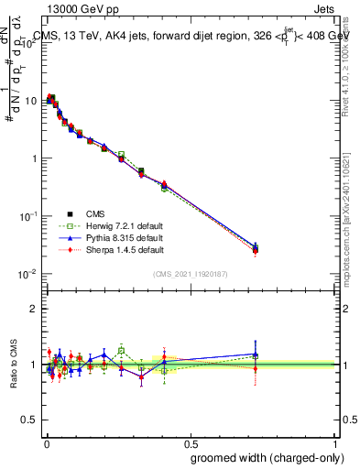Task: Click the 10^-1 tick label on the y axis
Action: pos(27,216)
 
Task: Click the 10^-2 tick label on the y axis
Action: pos(27,274)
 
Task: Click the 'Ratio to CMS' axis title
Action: pos(11,365)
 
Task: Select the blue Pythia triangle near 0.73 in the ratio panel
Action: pos(256,354)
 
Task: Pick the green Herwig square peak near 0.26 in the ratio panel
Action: pos(121,350)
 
